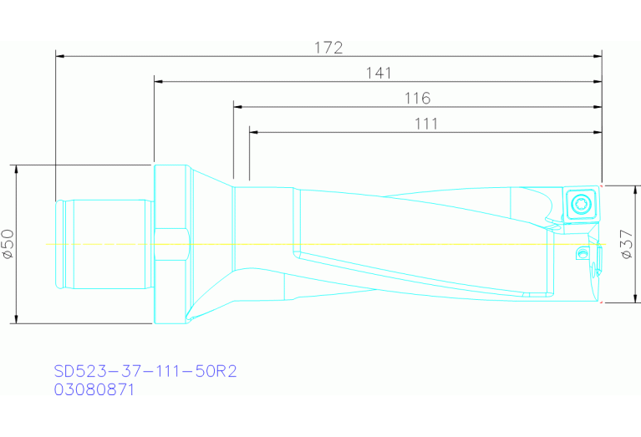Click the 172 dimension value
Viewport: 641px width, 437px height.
click(328, 48)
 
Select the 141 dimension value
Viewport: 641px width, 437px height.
click(379, 73)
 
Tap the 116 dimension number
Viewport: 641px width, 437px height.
click(417, 99)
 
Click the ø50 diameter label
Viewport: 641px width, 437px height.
click(8, 243)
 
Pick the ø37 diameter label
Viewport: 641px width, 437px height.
click(625, 244)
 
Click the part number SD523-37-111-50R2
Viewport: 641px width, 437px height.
click(145, 371)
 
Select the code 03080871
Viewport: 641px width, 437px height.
click(94, 389)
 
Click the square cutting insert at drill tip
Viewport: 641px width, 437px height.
click(579, 203)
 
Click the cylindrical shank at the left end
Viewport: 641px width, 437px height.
click(104, 244)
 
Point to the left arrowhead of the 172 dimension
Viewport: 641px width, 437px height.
click(59, 56)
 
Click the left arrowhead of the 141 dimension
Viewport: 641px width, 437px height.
click(158, 82)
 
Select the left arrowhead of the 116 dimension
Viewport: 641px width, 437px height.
click(237, 107)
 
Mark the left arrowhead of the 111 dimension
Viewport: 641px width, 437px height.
click(253, 132)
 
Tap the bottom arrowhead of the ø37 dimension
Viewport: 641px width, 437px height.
click(636, 299)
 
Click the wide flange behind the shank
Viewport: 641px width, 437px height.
click(171, 243)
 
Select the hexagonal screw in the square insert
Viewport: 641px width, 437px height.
click(579, 202)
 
